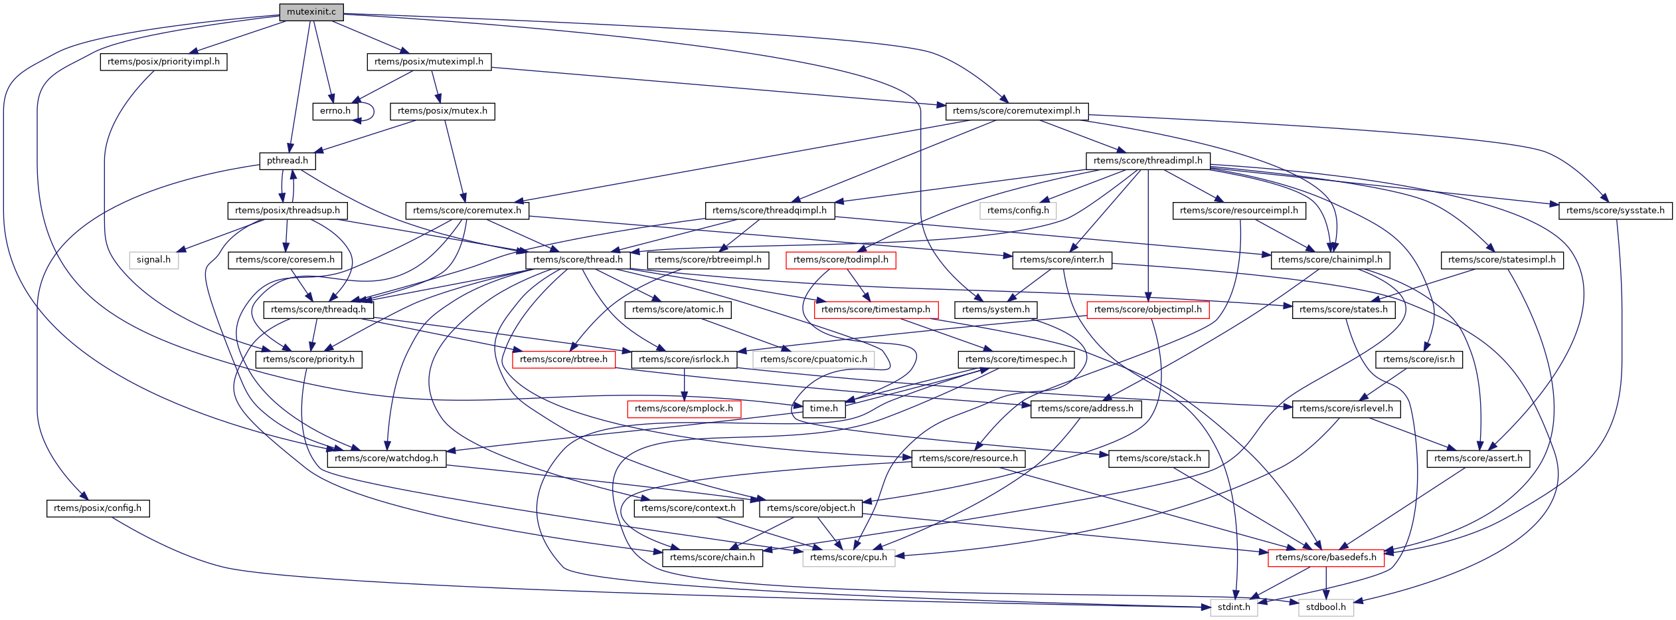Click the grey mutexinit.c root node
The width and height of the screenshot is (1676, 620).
(x=311, y=11)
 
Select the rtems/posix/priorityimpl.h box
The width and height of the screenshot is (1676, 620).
(x=163, y=62)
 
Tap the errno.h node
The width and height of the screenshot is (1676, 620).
(x=335, y=111)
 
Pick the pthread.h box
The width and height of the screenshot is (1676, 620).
(x=287, y=161)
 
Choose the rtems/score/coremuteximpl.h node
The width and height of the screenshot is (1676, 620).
(x=1016, y=111)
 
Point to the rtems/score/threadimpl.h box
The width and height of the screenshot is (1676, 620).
(x=1147, y=161)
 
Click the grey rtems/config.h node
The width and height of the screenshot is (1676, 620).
(x=1018, y=211)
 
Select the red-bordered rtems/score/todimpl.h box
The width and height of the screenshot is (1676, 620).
(x=840, y=260)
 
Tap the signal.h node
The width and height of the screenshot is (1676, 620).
(x=153, y=260)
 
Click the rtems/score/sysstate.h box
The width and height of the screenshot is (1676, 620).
(x=1615, y=211)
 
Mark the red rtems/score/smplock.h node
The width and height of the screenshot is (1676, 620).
(x=683, y=409)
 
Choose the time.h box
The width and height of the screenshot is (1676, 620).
(x=823, y=409)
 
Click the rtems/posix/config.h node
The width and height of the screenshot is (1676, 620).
(x=98, y=508)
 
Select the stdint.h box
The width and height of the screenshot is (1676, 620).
(x=1234, y=607)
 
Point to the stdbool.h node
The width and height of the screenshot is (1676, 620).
(x=1325, y=607)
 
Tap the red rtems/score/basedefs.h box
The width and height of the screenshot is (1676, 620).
(x=1325, y=558)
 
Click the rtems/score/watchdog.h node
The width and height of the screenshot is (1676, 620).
(x=386, y=459)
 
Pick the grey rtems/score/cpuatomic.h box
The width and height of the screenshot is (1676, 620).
(x=813, y=360)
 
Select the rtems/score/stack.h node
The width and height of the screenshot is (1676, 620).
(x=1158, y=459)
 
